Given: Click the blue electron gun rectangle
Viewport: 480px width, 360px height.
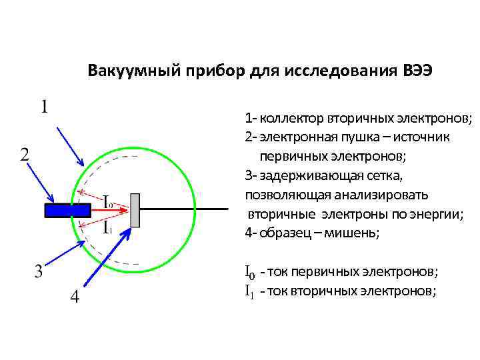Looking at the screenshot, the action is [x=67, y=210].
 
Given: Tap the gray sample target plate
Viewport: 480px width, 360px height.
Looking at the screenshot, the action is [x=135, y=210].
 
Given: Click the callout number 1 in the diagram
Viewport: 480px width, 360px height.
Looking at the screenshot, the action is [x=45, y=107].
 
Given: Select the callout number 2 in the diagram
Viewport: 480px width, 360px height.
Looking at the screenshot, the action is [x=23, y=155].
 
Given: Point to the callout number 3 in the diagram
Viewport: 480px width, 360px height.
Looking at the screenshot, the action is [x=39, y=271].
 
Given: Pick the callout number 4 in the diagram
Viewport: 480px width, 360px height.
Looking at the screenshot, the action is [x=75, y=297].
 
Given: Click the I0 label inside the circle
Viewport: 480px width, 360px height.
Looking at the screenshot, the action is [x=107, y=200].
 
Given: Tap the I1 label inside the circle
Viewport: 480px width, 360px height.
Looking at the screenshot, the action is [x=107, y=227].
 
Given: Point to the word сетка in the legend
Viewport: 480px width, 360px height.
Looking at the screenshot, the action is [x=385, y=176].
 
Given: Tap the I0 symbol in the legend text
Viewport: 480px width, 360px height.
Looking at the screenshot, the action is [x=249, y=272].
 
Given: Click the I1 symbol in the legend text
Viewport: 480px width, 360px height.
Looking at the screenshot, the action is [x=249, y=291].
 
